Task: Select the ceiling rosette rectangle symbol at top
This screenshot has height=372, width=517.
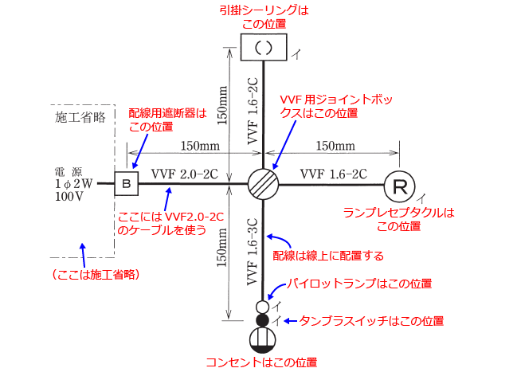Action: [x=263, y=47]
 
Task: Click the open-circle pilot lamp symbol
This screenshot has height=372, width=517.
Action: [x=263, y=307]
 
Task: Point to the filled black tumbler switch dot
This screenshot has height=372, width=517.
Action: [x=263, y=320]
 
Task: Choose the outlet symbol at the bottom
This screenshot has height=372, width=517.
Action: [x=263, y=339]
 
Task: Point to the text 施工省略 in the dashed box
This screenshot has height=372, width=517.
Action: [x=80, y=117]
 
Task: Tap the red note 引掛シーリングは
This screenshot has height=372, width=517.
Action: [x=263, y=10]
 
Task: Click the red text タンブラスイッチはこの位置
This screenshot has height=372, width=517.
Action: [x=371, y=320]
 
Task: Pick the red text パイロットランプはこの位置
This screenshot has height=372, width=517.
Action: [x=360, y=284]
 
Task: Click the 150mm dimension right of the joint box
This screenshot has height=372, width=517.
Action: [x=335, y=146]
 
